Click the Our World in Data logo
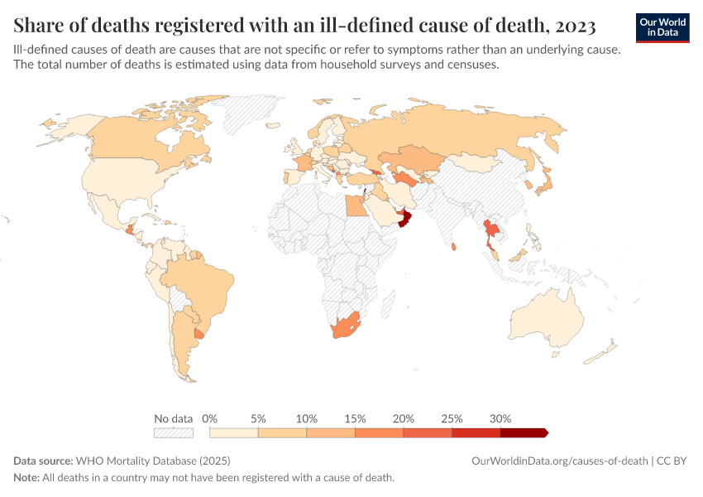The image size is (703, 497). pyautogui.click(x=662, y=27)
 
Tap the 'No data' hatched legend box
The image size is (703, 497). pyautogui.click(x=173, y=432)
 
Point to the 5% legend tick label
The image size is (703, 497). pyautogui.click(x=258, y=418)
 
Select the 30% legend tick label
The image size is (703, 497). pyautogui.click(x=500, y=418)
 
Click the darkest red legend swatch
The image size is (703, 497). pyautogui.click(x=523, y=432)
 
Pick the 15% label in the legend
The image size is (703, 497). pyautogui.click(x=355, y=418)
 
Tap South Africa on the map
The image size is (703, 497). pyautogui.click(x=345, y=327)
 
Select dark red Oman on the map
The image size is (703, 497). pyautogui.click(x=404, y=218)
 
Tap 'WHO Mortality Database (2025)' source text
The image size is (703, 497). pyautogui.click(x=153, y=461)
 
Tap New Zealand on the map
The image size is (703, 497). pyautogui.click(x=602, y=352)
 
